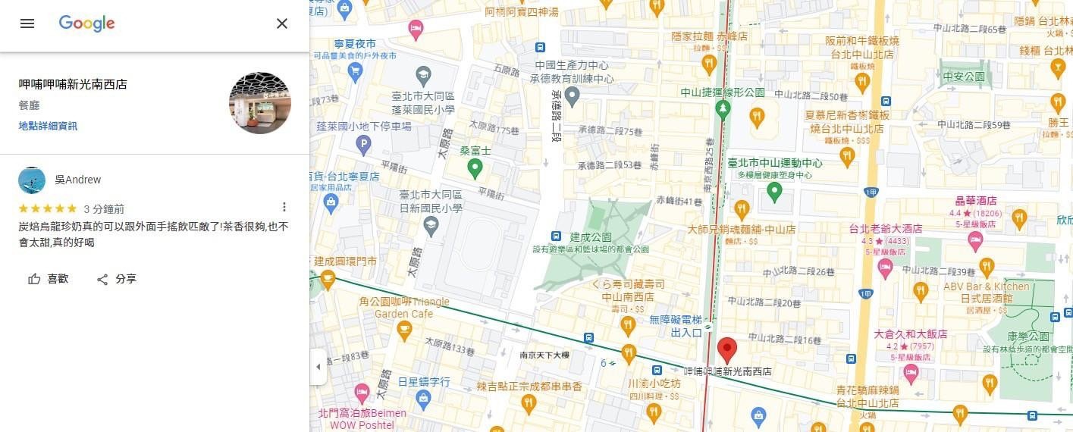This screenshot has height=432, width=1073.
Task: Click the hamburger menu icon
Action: click(27, 23)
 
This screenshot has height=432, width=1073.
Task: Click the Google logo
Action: click(86, 23)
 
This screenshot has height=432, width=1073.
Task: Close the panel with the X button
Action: click(282, 23)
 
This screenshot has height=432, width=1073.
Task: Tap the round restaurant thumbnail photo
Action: click(259, 104)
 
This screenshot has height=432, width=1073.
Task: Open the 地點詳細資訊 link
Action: click(48, 126)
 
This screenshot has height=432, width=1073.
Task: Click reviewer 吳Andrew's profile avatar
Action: click(32, 180)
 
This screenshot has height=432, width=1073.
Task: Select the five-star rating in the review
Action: click(47, 208)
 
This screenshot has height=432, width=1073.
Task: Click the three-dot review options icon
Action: click(284, 207)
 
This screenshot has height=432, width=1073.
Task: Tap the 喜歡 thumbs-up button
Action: click(49, 279)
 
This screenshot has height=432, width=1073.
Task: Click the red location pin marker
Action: click(727, 349)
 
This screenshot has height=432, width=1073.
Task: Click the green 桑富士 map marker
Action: click(475, 168)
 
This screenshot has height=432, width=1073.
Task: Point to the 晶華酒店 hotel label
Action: click(975, 201)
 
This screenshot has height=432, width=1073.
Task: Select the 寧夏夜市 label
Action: click(355, 44)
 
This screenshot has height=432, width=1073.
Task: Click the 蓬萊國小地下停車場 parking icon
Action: click(364, 142)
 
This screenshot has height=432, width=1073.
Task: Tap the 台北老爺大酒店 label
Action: click(886, 228)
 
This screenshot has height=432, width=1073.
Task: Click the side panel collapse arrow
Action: click(318, 367)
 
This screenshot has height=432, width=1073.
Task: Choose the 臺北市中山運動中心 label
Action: click(774, 163)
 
